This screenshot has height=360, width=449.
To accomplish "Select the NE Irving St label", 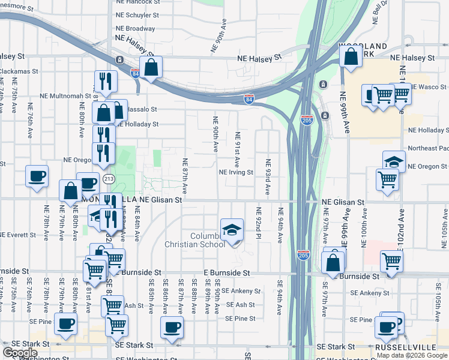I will pyautogui.click(x=236, y=172).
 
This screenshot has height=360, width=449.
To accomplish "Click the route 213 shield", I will pyautogui.click(x=109, y=179).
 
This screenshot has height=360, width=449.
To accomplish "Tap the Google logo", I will pyautogui.click(x=20, y=353).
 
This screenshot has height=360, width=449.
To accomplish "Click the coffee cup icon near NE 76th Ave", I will pyautogui.click(x=37, y=176).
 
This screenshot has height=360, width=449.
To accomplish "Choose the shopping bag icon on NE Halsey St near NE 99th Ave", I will pyautogui.click(x=351, y=56).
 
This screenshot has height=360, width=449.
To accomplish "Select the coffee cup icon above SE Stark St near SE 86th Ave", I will pyautogui.click(x=172, y=327).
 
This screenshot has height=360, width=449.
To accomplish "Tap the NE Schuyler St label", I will pyautogui.click(x=139, y=15).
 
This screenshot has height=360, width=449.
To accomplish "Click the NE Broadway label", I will pyautogui.click(x=136, y=28).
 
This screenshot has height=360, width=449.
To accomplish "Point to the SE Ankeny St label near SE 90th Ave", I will pyautogui.click(x=241, y=291).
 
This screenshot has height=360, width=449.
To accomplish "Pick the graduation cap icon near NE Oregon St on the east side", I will pyautogui.click(x=394, y=161).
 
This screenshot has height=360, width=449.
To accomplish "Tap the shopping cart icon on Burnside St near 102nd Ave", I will pyautogui.click(x=391, y=261).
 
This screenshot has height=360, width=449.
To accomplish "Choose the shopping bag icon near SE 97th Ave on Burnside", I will pyautogui.click(x=333, y=262).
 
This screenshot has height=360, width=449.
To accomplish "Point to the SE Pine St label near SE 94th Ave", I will pyautogui.click(x=240, y=319).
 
